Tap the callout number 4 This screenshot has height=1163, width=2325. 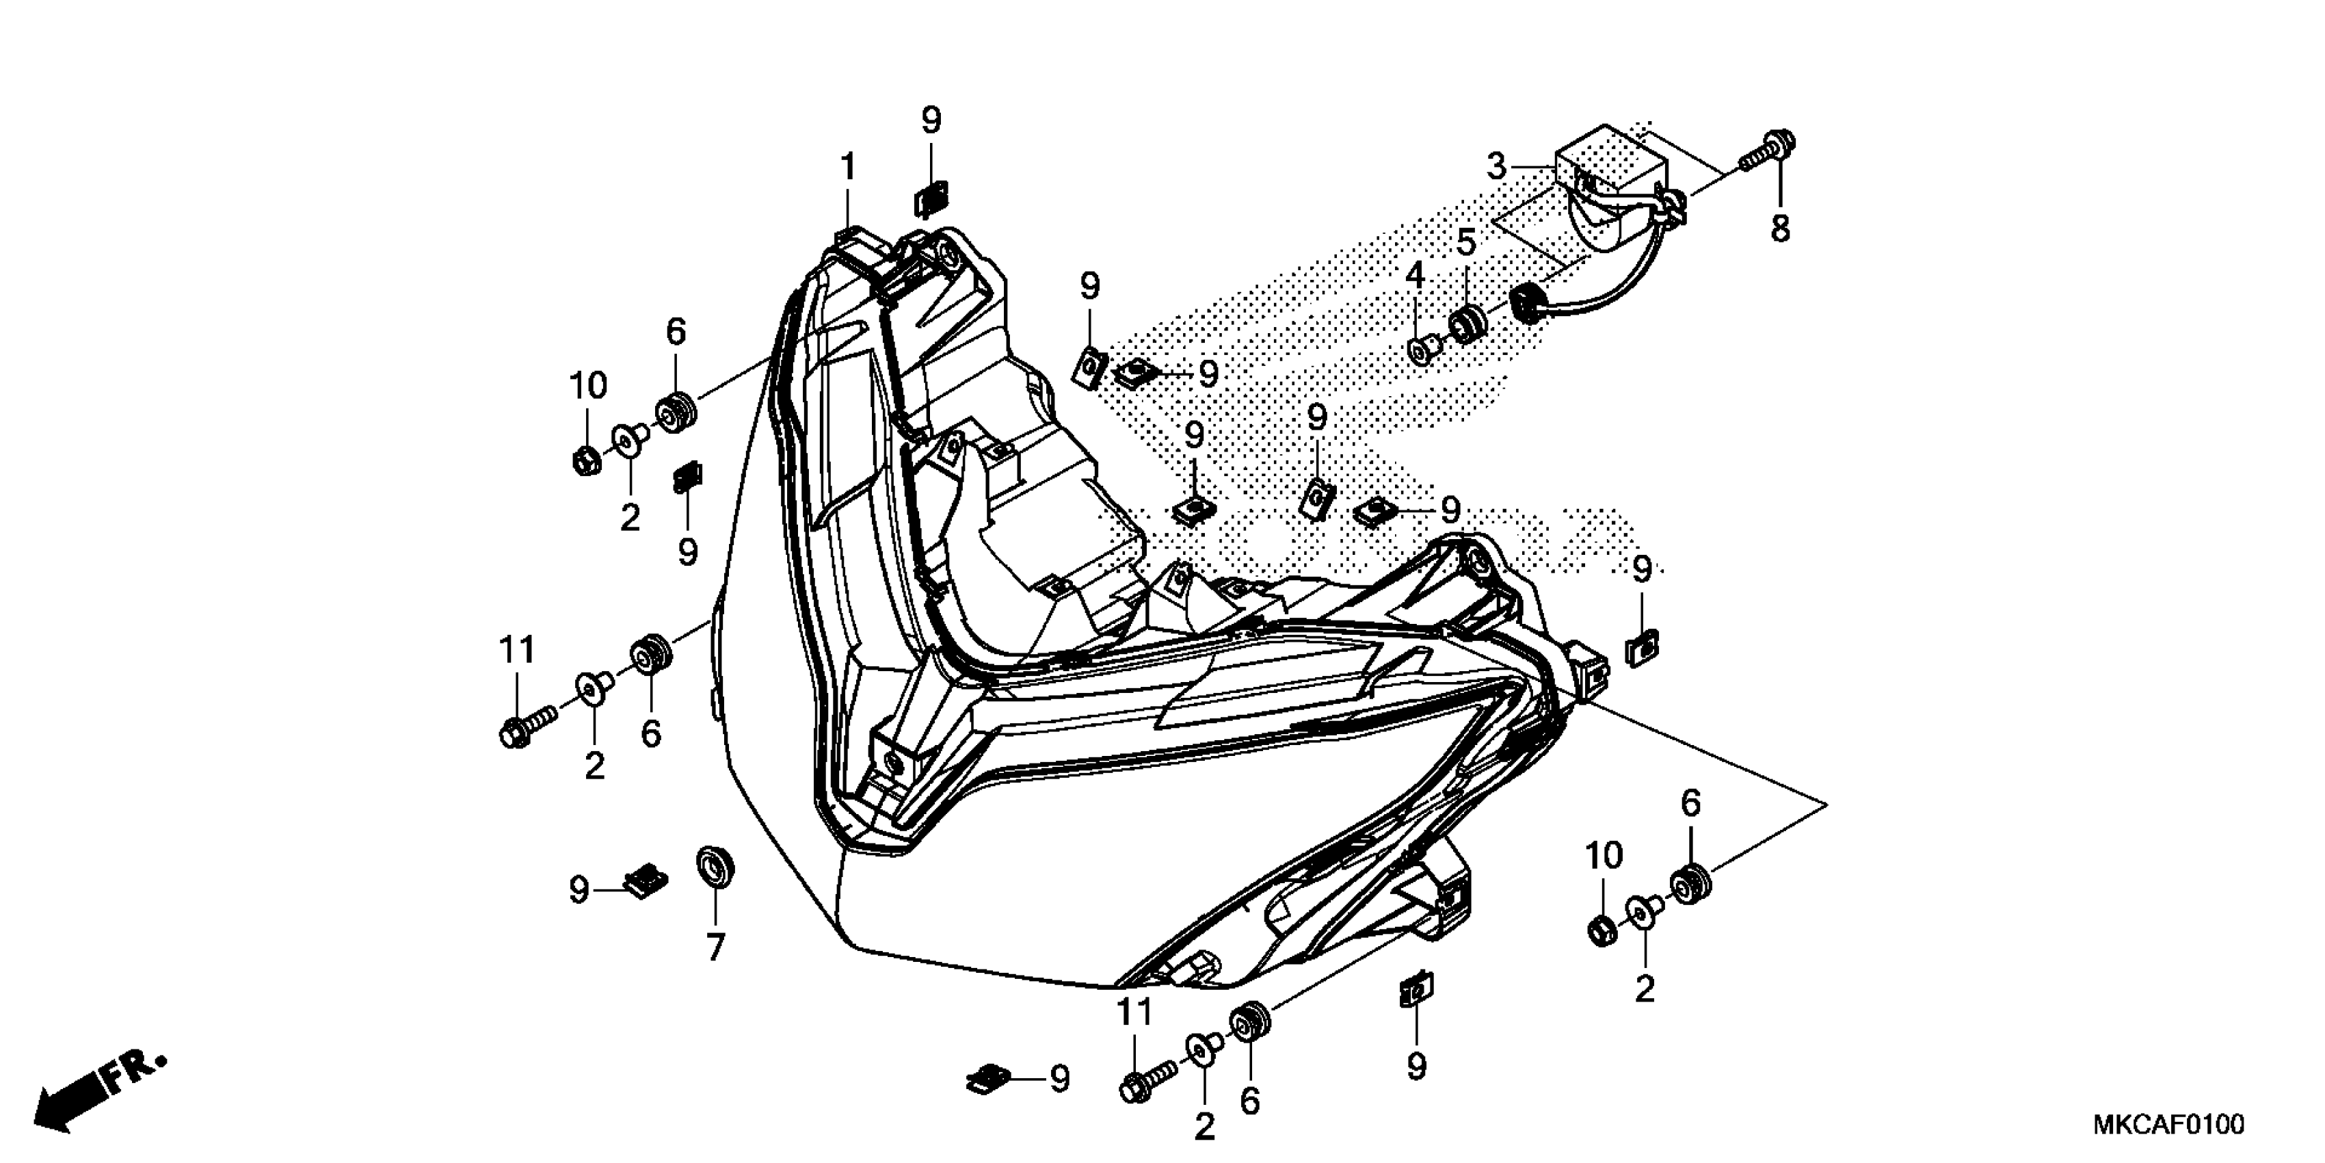(x=1413, y=276)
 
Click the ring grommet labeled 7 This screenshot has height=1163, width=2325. (x=715, y=867)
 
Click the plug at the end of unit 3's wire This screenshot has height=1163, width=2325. (x=1528, y=302)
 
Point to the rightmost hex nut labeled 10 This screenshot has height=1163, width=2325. (x=1602, y=930)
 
